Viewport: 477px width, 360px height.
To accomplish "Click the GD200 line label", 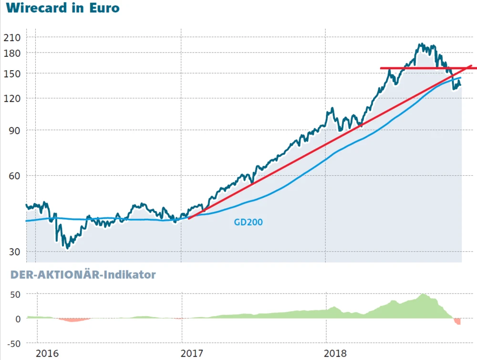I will [248, 222].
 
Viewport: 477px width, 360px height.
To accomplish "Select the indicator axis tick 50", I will [15, 294].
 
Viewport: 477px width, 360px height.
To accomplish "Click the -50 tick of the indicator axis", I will [13, 343].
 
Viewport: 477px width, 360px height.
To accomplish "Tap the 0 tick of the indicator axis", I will [18, 318].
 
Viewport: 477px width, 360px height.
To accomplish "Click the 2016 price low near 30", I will [67, 247].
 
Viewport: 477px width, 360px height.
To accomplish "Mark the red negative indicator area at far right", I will [457, 321].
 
